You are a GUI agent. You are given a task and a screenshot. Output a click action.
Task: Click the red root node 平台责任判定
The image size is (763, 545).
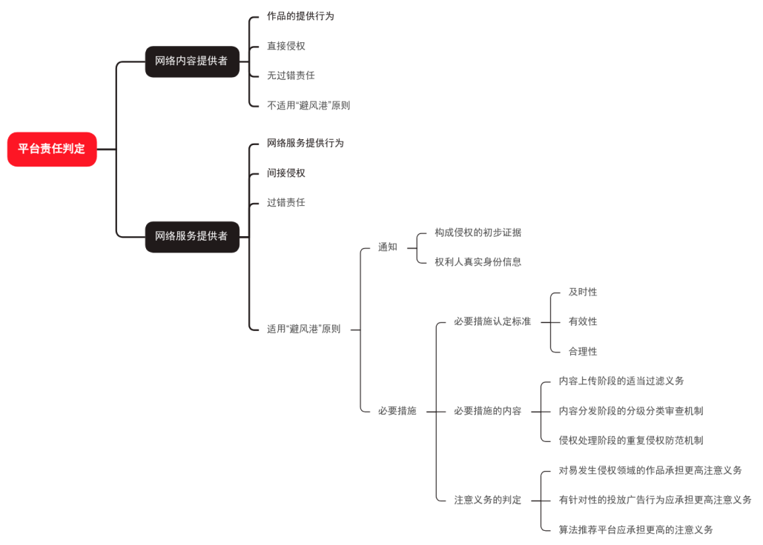pos(52,149)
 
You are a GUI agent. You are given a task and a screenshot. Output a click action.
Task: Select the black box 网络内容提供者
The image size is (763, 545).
pos(192,61)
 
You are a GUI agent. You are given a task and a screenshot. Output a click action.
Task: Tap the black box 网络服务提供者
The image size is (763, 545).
pos(192,236)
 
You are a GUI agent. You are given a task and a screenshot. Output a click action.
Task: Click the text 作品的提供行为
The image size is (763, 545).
pos(300,16)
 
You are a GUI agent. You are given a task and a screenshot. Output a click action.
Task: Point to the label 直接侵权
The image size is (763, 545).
pos(286,46)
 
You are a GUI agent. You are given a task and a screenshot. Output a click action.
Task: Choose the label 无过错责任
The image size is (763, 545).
pos(291,76)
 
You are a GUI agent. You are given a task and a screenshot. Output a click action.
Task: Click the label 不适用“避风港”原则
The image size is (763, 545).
pos(308,105)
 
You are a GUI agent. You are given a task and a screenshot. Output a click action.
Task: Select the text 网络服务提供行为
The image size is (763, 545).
pos(305,143)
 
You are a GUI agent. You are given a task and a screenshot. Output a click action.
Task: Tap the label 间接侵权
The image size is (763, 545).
pos(286,173)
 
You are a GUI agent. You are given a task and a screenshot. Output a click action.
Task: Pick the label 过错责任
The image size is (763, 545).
pos(286,202)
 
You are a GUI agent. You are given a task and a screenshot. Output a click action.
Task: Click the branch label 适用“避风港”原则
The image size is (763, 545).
pos(304,329)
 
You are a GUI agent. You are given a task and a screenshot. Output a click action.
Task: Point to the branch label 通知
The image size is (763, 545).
pos(388,247)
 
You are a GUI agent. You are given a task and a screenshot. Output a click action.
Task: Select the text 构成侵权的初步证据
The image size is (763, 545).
pos(478,233)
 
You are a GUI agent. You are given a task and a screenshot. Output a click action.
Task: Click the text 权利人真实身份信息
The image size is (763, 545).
pos(478,261)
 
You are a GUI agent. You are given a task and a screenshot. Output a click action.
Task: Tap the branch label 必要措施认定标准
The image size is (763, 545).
pos(492,321)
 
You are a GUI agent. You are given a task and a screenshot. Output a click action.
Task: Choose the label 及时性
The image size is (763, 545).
pos(583,292)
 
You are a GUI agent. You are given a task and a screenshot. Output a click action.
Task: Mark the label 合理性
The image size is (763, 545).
pos(583,351)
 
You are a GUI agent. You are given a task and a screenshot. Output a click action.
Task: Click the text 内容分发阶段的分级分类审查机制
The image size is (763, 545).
pos(631,410)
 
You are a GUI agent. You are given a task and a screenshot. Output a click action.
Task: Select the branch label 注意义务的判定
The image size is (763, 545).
pos(488,500)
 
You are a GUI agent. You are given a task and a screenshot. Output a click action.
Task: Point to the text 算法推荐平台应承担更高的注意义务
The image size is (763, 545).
pos(636,529)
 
